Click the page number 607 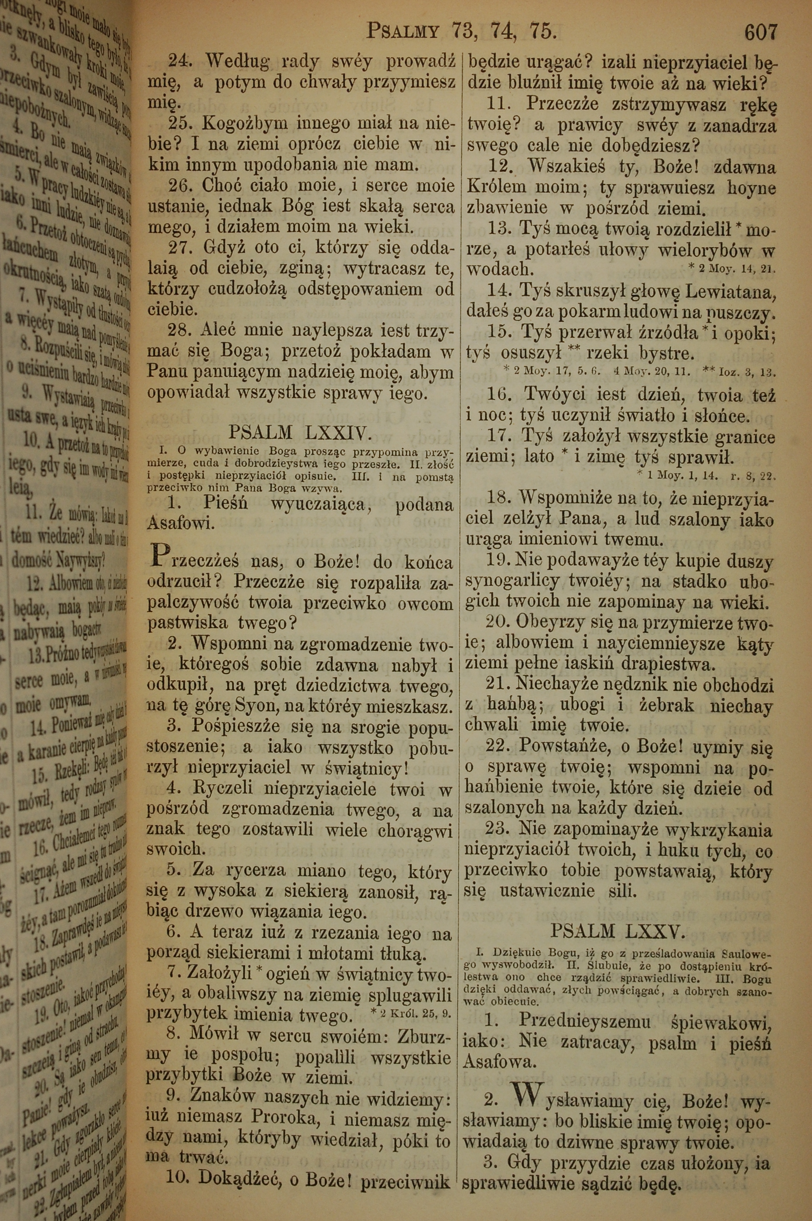coord(760,33)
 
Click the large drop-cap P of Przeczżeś coord(159,557)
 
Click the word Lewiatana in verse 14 coord(730,293)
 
